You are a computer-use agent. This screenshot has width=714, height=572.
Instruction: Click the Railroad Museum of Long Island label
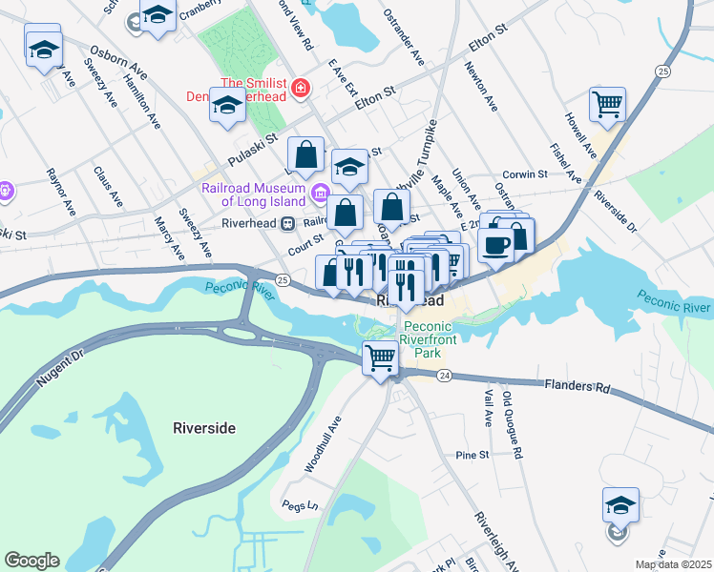pyautogui.click(x=254, y=194)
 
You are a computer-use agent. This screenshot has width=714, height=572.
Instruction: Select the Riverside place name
pyautogui.click(x=204, y=428)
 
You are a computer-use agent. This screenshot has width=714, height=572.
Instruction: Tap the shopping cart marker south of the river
pyautogui.click(x=381, y=357)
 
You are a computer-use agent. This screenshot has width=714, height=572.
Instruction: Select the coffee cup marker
pyautogui.click(x=494, y=245)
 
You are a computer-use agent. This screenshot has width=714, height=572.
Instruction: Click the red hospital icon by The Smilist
pyautogui.click(x=302, y=89)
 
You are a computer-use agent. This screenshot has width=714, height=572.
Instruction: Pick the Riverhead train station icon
pyautogui.click(x=286, y=223)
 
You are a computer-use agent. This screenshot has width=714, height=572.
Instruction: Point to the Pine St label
pyautogui.click(x=472, y=455)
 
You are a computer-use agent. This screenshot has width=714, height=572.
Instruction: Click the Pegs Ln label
pyautogui.click(x=299, y=503)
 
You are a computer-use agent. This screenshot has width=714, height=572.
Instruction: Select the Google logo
pyautogui.click(x=32, y=561)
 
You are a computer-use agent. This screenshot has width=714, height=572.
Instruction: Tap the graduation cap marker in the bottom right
pyautogui.click(x=620, y=504)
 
